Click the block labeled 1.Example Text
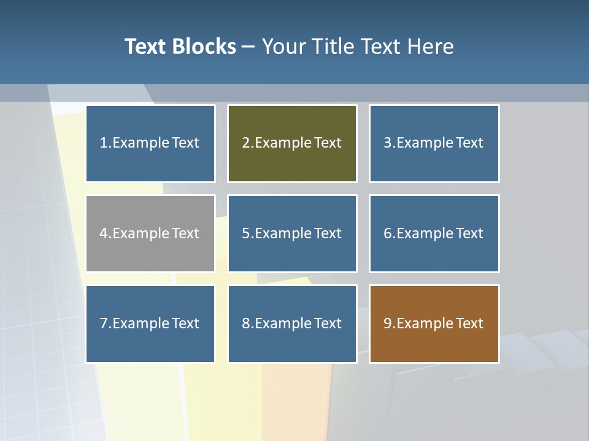150,143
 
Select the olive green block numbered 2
292,143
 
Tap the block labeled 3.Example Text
434,143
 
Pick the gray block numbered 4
150,233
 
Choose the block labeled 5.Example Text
292,233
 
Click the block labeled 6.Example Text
434,233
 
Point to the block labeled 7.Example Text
150,323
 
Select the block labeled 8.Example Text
292,323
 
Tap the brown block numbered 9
434,323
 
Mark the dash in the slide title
248,47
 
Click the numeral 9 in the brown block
388,323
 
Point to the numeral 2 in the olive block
245,143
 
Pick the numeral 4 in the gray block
104,233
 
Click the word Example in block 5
283,233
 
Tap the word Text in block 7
185,323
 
